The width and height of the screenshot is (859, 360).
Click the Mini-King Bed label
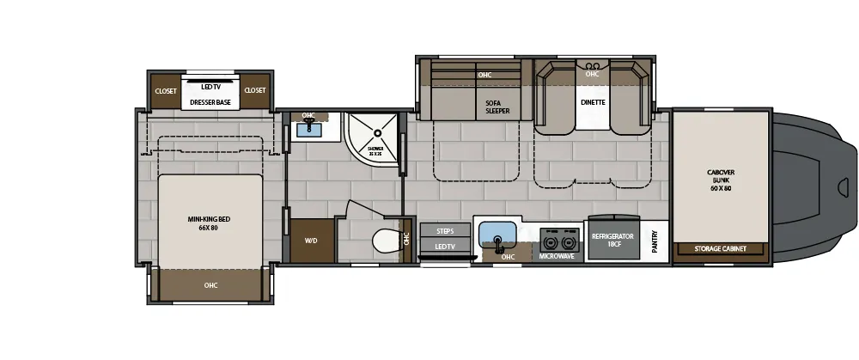(x=210, y=224)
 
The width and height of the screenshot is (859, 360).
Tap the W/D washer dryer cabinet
(x=311, y=241)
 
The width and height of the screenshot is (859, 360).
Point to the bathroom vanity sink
(x=308, y=131)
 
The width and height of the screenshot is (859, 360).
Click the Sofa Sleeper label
(x=497, y=107)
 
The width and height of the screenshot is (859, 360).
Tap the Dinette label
(x=593, y=102)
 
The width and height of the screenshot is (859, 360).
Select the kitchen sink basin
(x=496, y=234)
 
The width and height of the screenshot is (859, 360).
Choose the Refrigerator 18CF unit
(x=612, y=240)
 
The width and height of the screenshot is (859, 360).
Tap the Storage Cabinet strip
(x=721, y=249)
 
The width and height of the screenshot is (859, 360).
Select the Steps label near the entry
(x=445, y=231)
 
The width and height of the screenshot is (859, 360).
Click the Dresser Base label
(x=210, y=102)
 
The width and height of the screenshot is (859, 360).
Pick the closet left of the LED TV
(x=165, y=91)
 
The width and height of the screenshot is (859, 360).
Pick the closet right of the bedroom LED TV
(x=255, y=91)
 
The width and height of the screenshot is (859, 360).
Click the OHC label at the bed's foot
(x=210, y=285)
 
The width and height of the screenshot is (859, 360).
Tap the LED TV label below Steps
(x=445, y=247)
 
